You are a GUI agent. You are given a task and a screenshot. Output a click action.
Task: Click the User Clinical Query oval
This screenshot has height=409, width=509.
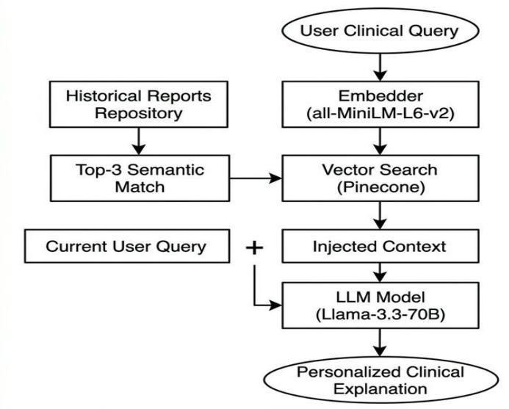pos(380,31)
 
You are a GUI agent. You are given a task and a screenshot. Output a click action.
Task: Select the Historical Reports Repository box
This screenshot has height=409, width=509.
pos(139,104)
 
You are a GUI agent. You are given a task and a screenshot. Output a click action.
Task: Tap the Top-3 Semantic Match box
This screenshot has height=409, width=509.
pos(140,178)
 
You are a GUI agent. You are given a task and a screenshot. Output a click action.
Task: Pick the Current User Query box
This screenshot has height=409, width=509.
pos(127,246)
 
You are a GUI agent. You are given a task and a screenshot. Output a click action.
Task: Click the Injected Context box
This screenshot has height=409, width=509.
pos(380,246)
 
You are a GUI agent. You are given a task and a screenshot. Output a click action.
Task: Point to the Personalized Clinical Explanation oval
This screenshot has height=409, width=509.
pos(380,380)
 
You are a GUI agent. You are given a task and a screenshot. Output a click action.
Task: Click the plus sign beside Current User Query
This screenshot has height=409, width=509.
pos(254,248)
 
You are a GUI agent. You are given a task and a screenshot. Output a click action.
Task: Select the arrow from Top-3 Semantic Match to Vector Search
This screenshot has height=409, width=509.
pos(256,178)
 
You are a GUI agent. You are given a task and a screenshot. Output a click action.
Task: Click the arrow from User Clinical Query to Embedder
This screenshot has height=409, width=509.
pos(380,68)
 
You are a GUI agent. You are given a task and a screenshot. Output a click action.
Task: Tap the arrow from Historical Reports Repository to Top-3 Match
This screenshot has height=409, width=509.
pos(139,141)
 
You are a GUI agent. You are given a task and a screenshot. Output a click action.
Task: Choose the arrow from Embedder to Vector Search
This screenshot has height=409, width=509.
pos(380,141)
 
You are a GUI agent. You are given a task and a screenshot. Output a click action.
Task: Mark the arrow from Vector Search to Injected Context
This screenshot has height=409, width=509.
pos(380,216)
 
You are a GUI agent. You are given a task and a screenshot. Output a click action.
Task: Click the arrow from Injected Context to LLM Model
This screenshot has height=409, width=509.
pos(380,272)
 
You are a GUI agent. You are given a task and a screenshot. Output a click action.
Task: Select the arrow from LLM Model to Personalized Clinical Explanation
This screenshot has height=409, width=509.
pos(380,342)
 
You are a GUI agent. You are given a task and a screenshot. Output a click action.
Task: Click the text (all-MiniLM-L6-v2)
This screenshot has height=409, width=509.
pos(380,113)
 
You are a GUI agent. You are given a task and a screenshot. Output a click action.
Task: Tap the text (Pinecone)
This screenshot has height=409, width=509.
pos(380,187)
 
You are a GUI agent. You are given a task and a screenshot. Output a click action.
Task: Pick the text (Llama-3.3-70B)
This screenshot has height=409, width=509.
pos(380,314)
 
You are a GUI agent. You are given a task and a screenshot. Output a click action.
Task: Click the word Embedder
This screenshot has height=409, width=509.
pos(380,95)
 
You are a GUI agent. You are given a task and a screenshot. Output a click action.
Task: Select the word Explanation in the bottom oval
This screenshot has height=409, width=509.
pos(380,389)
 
